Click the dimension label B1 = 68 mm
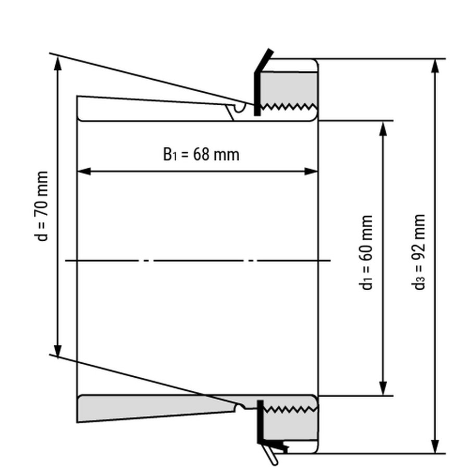tap(201, 154)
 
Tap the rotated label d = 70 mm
tap(42, 206)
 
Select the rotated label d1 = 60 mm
tap(367, 252)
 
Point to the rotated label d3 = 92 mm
tap(420, 252)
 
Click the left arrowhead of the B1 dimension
tap(83, 171)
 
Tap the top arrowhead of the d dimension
tap(58, 61)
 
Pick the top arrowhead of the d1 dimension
tap(384, 128)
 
